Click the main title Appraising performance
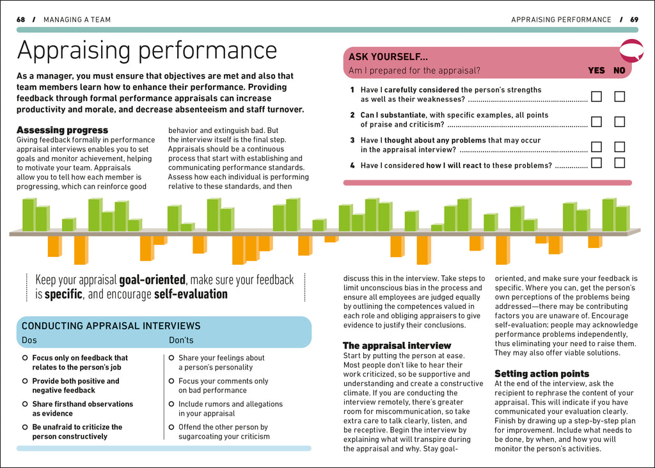click(x=146, y=51)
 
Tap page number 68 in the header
click(x=21, y=20)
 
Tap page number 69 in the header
click(x=634, y=20)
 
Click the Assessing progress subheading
click(x=62, y=130)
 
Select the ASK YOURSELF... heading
click(x=388, y=57)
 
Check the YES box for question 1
click(x=596, y=97)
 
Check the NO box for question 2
click(x=619, y=121)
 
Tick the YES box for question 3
click(x=596, y=146)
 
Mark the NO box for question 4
click(x=619, y=162)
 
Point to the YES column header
click(x=596, y=71)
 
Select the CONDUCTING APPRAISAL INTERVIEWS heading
click(x=111, y=326)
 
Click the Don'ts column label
click(x=181, y=340)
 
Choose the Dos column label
click(x=29, y=340)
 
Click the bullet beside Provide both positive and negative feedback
click(x=24, y=381)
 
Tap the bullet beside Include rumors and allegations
click(x=171, y=404)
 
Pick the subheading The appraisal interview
click(x=397, y=345)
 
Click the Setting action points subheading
click(x=542, y=373)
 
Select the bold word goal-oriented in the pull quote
click(x=152, y=280)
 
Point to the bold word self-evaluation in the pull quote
click(x=191, y=295)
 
